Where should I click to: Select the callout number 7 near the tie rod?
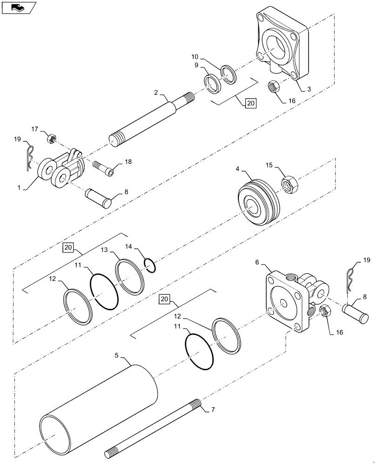[213, 410]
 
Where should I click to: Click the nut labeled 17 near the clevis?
[51, 139]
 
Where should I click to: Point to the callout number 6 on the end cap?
[257, 262]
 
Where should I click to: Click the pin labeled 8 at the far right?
[358, 312]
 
